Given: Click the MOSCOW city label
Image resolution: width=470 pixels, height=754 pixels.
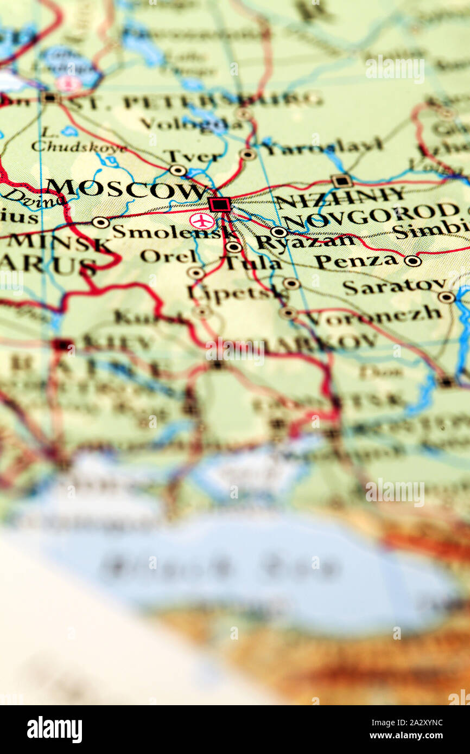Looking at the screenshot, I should [x=126, y=189].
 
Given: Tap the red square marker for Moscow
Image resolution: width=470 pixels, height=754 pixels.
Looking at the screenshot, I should [x=219, y=205].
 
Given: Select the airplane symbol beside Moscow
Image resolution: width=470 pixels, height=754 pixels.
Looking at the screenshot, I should [x=202, y=221].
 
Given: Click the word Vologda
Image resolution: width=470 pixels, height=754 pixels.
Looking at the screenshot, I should [x=191, y=124].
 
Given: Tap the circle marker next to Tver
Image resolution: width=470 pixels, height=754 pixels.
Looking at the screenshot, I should [x=177, y=170].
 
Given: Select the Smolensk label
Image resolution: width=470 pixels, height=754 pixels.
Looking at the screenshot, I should [x=174, y=232].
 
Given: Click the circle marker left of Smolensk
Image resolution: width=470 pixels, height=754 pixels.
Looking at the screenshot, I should [x=100, y=222].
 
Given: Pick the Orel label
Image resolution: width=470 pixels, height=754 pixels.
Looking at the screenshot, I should [x=168, y=255].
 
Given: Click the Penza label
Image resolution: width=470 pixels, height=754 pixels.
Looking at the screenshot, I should [x=355, y=261].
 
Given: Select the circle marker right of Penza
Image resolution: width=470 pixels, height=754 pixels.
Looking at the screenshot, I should [x=412, y=261].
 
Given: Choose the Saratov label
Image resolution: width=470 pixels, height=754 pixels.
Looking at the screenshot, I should [x=394, y=286].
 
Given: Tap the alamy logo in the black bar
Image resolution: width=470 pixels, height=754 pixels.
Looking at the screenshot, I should [x=54, y=730].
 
